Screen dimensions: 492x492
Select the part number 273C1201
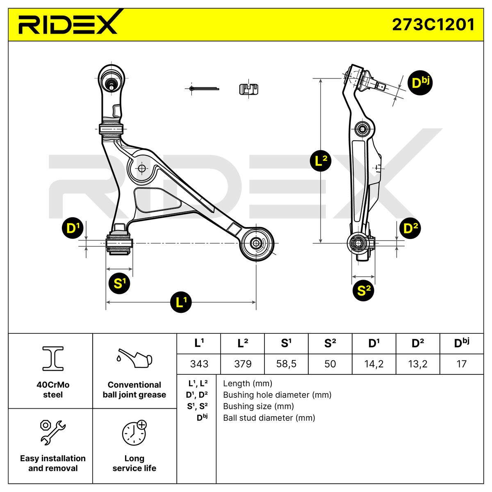(433, 25)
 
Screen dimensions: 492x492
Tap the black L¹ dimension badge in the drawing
(181, 302)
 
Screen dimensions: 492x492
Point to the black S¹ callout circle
(119, 283)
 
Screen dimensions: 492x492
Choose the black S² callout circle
(363, 290)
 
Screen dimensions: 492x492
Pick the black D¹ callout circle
(73, 228)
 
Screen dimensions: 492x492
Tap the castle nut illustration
(249, 89)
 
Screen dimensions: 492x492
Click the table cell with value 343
(199, 364)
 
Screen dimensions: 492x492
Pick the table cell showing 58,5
(286, 364)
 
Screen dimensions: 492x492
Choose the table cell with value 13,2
(418, 364)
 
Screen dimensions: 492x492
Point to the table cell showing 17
(462, 364)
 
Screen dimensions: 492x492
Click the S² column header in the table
(330, 344)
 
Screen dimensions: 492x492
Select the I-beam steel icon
(53, 358)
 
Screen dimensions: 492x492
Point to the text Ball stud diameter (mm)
(269, 418)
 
